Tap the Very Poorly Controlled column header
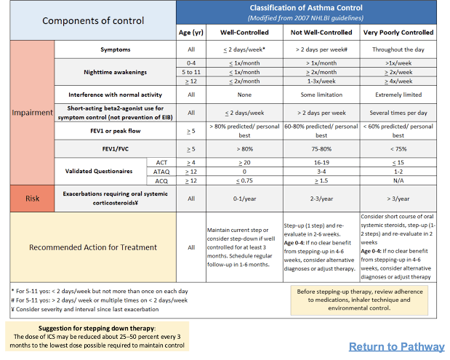(398, 33)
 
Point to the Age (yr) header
(191, 33)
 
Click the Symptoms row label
(116, 49)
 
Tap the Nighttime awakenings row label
(116, 73)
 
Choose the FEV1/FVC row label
(116, 148)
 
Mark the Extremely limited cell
(398, 95)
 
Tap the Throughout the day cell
(398, 49)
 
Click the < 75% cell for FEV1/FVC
(398, 148)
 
